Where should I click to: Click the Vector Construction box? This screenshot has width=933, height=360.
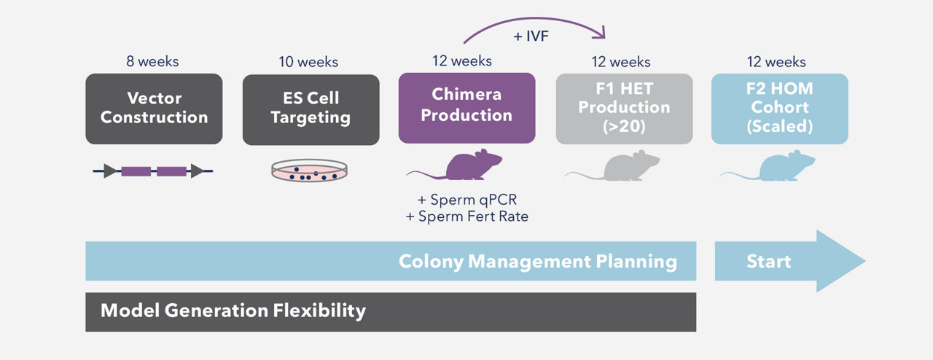tap(154, 109)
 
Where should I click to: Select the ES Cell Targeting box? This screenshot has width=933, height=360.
tap(311, 109)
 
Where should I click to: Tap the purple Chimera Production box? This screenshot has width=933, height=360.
tap(466, 107)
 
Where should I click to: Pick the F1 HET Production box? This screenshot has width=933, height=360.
tap(624, 109)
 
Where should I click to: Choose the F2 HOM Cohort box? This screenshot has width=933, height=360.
tap(779, 109)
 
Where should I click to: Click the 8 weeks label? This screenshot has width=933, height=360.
tap(152, 62)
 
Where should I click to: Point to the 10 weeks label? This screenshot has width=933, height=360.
tap(308, 62)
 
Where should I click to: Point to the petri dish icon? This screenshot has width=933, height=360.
tap(309, 171)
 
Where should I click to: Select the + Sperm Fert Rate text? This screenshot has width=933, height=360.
tap(466, 216)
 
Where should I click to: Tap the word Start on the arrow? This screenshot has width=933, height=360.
tap(768, 262)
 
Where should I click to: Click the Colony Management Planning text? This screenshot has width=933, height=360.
tap(537, 262)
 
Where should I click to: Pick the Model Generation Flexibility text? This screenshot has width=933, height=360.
tap(233, 311)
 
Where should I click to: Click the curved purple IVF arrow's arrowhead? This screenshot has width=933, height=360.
tap(601, 34)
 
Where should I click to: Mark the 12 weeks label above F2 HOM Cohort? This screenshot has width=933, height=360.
tap(776, 62)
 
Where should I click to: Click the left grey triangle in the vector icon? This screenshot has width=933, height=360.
tap(110, 171)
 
